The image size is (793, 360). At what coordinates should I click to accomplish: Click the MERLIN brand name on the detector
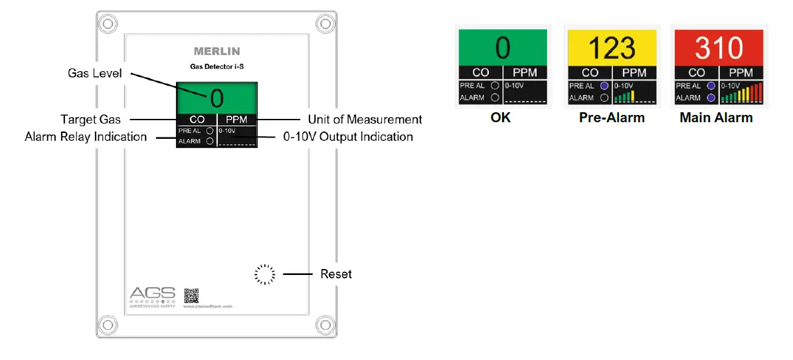(x=217, y=51)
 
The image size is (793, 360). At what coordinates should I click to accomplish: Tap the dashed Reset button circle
(x=264, y=274)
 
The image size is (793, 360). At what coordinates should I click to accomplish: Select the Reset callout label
(x=336, y=274)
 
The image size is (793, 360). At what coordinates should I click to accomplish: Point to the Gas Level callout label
(x=95, y=73)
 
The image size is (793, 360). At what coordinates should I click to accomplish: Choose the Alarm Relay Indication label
(x=86, y=136)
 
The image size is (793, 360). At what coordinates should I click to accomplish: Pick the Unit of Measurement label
(x=365, y=120)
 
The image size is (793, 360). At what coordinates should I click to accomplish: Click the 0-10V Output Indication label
(x=348, y=136)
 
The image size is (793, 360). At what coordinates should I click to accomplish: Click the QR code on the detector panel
(x=191, y=295)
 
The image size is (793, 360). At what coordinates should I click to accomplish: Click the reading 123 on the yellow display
(x=610, y=48)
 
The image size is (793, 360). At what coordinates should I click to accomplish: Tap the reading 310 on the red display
(x=719, y=48)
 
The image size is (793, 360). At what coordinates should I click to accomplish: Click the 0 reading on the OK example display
(x=502, y=48)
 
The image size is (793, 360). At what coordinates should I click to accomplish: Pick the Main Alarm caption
(x=716, y=118)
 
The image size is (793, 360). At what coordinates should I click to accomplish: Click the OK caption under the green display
(x=501, y=118)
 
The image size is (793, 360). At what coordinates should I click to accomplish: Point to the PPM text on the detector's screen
(x=237, y=120)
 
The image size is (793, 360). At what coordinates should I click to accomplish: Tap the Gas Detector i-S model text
(x=217, y=66)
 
